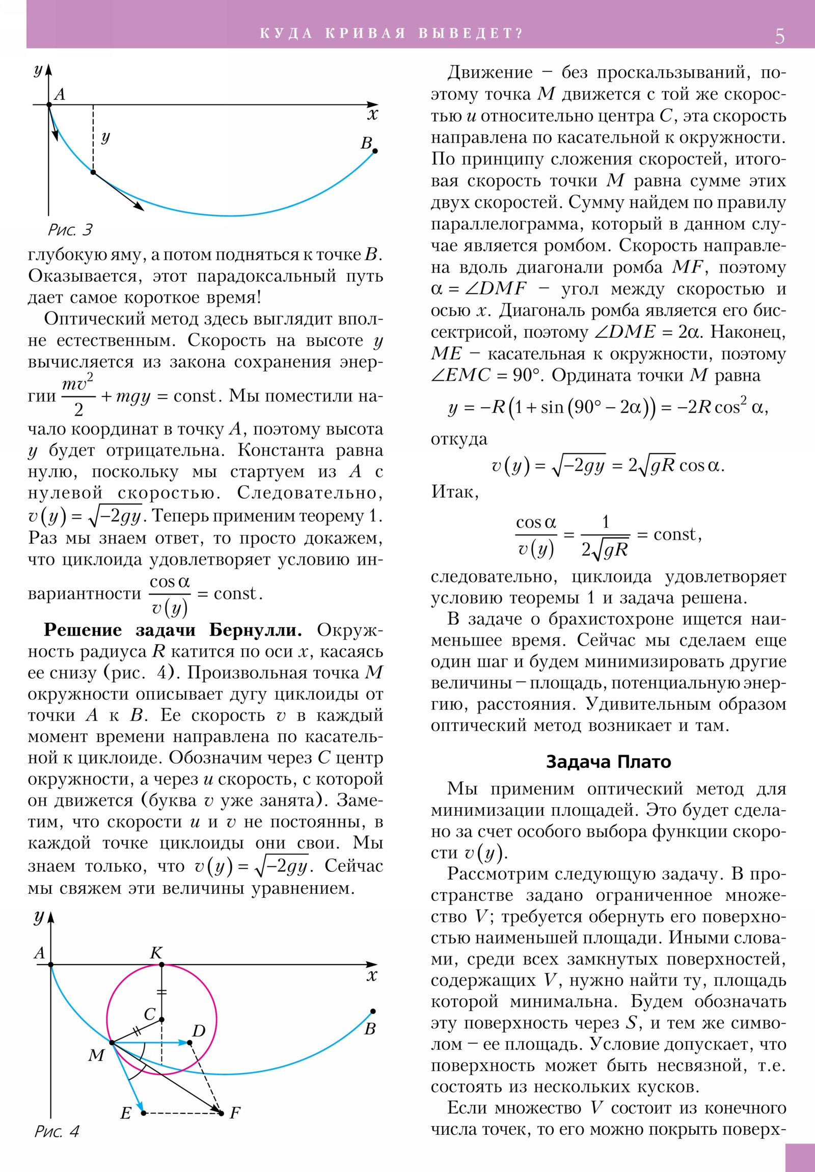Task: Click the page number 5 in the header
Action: [x=779, y=36]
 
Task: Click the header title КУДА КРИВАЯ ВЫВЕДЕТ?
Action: [x=391, y=34]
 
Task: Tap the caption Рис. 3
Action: [x=70, y=230]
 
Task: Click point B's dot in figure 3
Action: [x=375, y=151]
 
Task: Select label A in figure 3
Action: [x=60, y=94]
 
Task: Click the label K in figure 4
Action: [x=156, y=952]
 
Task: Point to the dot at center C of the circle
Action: [x=162, y=1020]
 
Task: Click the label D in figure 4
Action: [x=199, y=1031]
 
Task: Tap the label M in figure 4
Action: [x=96, y=1055]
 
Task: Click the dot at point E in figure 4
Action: [x=144, y=1113]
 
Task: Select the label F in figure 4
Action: [x=235, y=1112]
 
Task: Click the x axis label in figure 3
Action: [x=373, y=115]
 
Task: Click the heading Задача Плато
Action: [x=608, y=762]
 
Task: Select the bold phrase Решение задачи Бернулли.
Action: [x=173, y=630]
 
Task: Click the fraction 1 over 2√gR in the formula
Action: [x=605, y=536]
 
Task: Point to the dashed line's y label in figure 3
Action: [x=105, y=137]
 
